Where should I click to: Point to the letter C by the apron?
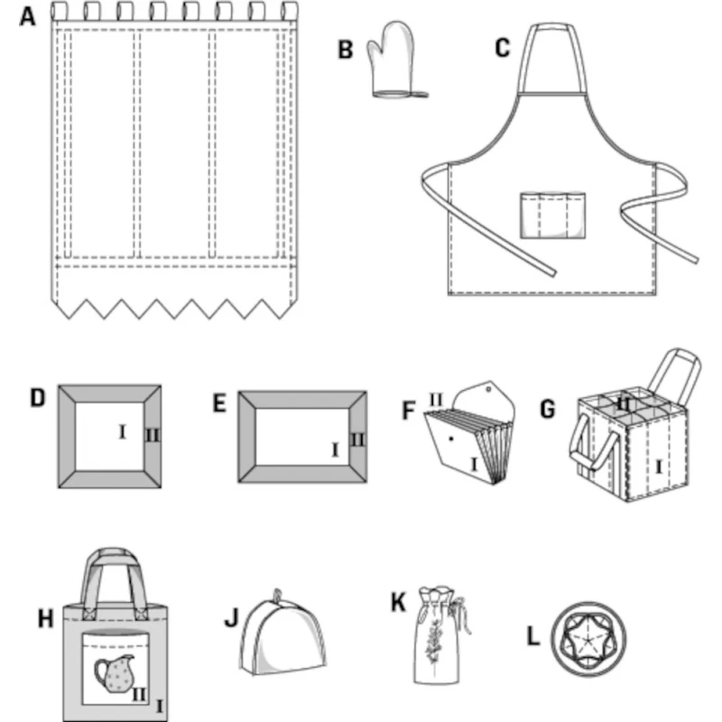click(x=503, y=47)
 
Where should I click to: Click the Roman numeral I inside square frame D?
click(x=121, y=432)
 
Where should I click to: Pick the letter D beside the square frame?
click(x=37, y=398)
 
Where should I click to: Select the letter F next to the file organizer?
click(x=408, y=412)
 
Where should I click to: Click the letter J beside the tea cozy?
click(x=230, y=619)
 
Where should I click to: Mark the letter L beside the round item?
click(x=533, y=638)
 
